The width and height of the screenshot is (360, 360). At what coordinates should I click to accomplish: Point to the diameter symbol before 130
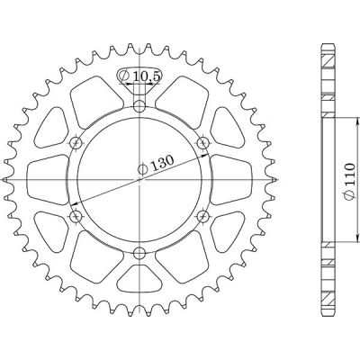pyautogui.click(x=143, y=167)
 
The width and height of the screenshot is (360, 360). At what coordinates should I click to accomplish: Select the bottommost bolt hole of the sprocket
pyautogui.click(x=139, y=253)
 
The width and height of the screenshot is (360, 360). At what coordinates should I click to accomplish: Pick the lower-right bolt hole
pyautogui.click(x=202, y=216)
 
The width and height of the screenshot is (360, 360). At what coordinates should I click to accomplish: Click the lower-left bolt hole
pyautogui.click(x=76, y=216)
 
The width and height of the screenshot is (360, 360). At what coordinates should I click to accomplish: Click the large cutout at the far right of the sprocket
pyautogui.click(x=229, y=180)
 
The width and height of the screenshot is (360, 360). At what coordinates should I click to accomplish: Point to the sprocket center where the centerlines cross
pyautogui.click(x=139, y=180)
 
